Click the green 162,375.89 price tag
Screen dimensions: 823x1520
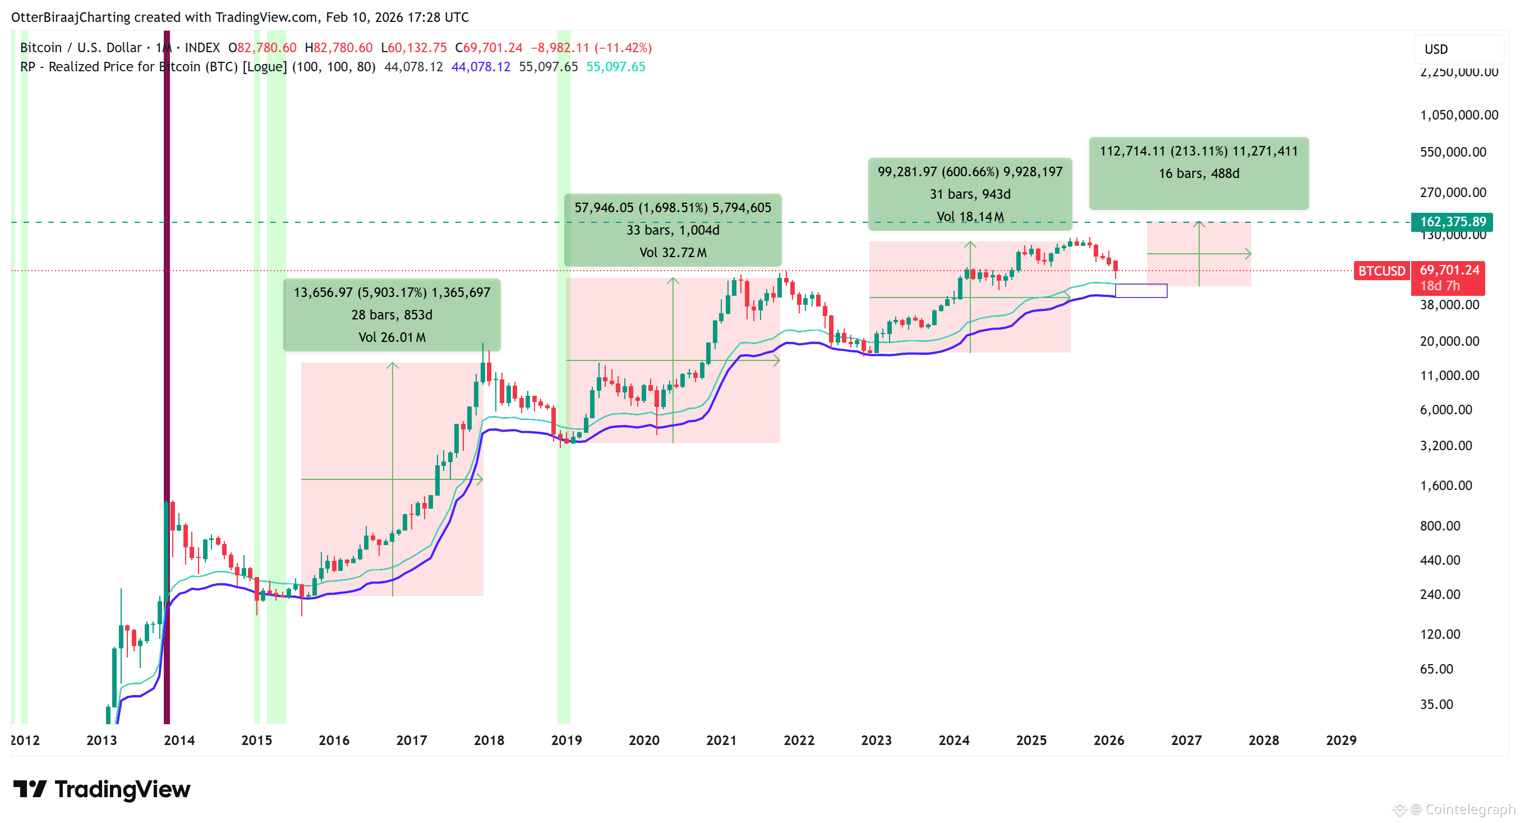click(x=1452, y=222)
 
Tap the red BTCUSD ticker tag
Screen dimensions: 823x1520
click(x=1381, y=271)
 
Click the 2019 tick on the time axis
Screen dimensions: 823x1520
click(x=566, y=740)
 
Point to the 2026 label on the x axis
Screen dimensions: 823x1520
click(x=1109, y=740)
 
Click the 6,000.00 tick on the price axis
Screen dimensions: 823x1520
click(x=1445, y=410)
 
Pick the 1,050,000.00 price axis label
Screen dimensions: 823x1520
click(x=1459, y=115)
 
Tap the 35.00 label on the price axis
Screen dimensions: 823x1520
click(x=1436, y=705)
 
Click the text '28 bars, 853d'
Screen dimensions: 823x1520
click(x=392, y=315)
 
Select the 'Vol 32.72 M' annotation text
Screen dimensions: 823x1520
click(x=673, y=253)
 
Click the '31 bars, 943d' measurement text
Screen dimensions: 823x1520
click(x=970, y=194)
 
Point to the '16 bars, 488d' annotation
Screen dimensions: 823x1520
click(x=1199, y=173)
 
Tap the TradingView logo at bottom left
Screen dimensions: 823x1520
click(x=102, y=789)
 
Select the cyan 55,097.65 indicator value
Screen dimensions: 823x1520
click(x=615, y=67)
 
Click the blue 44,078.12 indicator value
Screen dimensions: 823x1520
click(x=480, y=67)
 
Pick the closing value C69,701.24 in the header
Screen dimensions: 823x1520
click(x=489, y=48)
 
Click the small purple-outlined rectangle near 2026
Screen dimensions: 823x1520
click(x=1141, y=290)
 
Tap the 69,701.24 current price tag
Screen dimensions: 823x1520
click(x=1449, y=271)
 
